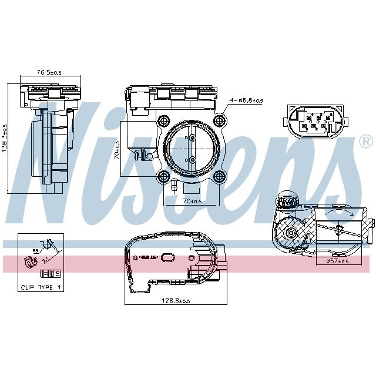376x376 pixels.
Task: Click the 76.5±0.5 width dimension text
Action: tap(49, 72)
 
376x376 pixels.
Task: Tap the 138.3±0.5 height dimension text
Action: tap(5, 139)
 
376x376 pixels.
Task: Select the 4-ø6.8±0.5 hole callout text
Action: tap(246, 100)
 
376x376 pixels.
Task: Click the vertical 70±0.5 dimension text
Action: tap(117, 150)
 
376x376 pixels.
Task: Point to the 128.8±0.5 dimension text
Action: tap(176, 301)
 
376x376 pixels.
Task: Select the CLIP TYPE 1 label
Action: tap(41, 287)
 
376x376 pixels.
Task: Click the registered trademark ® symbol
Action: tap(365, 142)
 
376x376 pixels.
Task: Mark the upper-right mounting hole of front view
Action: tap(220, 121)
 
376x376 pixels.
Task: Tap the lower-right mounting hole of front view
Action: tap(220, 177)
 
